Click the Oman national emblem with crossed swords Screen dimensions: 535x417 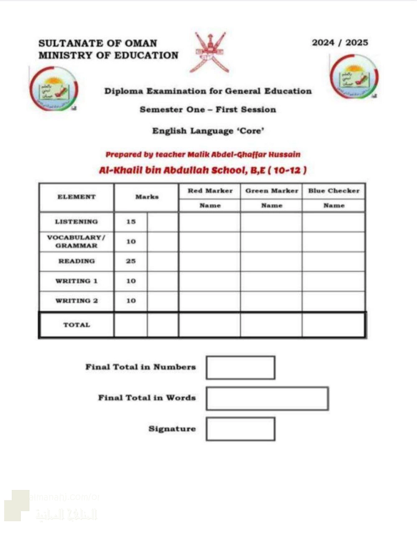point(209,52)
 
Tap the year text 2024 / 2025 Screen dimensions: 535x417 point(340,43)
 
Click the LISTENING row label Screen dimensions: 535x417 point(76,222)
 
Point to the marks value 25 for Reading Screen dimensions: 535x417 point(131,261)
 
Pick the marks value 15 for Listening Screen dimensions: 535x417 point(131,222)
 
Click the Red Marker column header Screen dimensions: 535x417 point(210,191)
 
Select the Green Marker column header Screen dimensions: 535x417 point(272,191)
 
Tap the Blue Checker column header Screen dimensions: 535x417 point(333,191)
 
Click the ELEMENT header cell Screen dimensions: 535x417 point(76,197)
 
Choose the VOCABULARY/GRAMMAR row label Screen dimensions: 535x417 point(76,242)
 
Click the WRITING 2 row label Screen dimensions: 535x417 point(76,301)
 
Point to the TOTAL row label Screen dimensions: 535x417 point(76,325)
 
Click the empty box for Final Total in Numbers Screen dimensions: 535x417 point(241,368)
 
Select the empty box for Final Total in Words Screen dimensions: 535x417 point(267,398)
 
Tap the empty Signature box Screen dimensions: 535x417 point(241,429)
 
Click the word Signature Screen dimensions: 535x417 point(172,429)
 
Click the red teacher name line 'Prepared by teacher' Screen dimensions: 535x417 point(203,155)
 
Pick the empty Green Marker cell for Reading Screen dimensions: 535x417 point(271,261)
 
